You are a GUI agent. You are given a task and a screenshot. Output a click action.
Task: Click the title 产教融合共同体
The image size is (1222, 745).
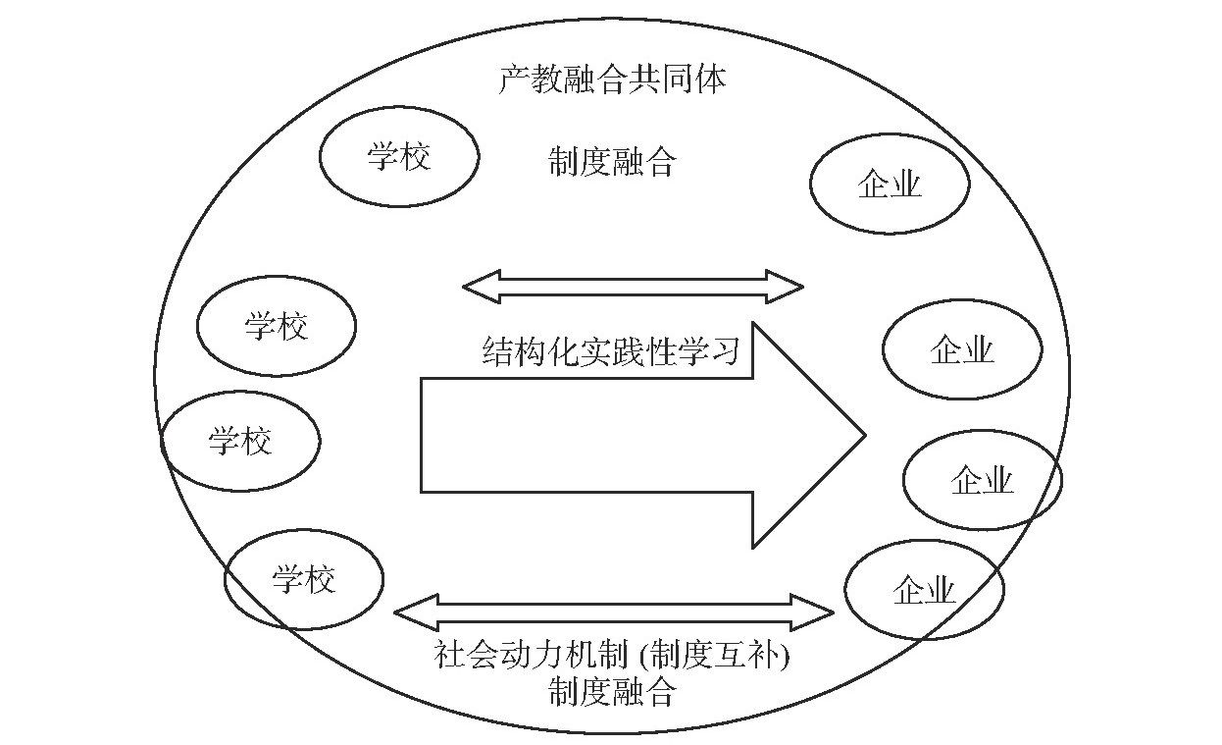coord(613,80)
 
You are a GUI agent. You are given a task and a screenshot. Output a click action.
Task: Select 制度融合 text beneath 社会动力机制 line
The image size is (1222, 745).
coord(612,693)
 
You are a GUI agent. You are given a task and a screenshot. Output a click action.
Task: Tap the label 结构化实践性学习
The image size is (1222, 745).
coord(611,351)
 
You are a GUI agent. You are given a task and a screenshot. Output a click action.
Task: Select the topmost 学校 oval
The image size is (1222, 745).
coord(399,157)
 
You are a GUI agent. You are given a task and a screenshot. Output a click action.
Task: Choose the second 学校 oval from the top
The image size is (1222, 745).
coord(277,326)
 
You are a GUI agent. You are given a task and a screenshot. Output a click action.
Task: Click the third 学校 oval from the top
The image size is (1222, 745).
coord(240,441)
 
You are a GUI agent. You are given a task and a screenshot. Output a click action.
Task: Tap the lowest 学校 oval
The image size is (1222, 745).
coord(304,580)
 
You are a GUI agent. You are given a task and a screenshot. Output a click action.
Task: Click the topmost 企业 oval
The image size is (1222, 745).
coord(890,185)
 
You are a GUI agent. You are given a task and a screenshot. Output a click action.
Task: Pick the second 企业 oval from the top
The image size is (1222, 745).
coord(961,349)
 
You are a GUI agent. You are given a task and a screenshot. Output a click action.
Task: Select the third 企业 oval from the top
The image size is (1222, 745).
coord(982,481)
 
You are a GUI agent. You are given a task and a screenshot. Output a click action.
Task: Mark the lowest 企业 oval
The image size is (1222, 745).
coord(924,591)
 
